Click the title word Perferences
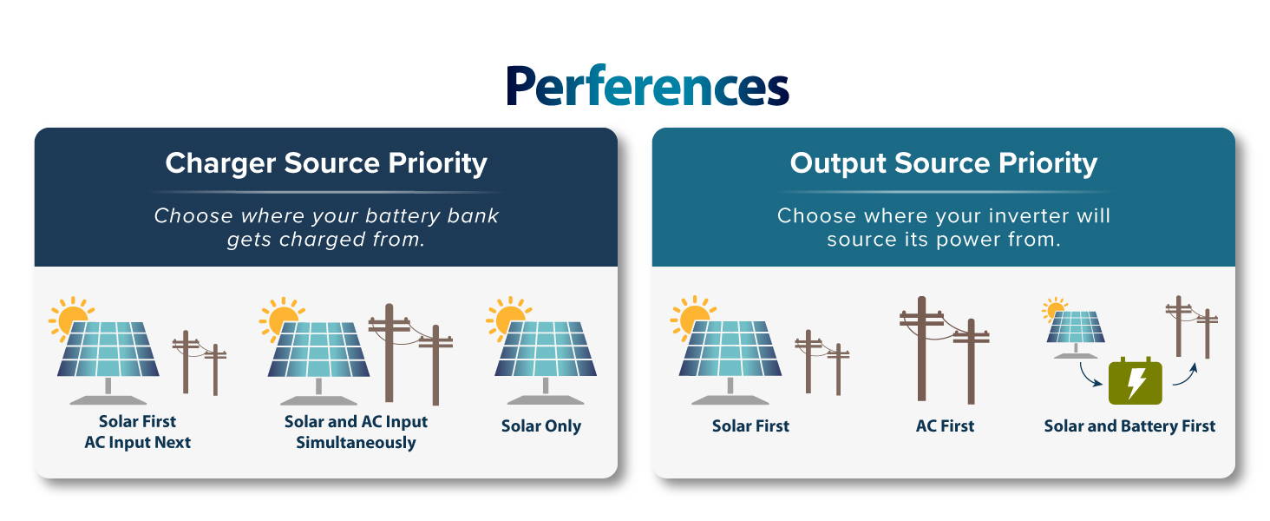coord(647,85)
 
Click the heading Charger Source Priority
coord(326,163)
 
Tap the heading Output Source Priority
coord(944,163)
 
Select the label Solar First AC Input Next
coord(137,432)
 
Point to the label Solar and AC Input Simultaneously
coord(356,432)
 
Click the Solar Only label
coord(541,426)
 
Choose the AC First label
coord(945,425)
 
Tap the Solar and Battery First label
coord(1129,425)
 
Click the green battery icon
coord(1135,381)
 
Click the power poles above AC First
coord(944,350)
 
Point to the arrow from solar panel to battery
coord(1089,375)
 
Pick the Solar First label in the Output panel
coord(750,425)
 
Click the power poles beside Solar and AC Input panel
coord(410,354)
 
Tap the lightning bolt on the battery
coord(1136,383)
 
